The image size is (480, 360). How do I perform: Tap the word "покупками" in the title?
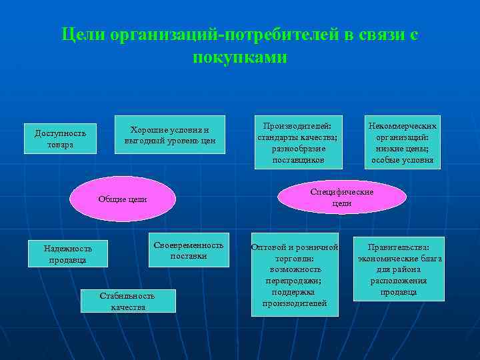point(240,57)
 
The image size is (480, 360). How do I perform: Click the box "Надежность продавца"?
point(68,254)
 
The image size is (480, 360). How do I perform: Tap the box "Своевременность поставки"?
point(189,250)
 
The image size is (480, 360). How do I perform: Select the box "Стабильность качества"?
point(128,301)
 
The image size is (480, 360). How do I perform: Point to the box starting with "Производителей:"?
point(297,142)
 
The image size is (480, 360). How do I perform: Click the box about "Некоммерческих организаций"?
point(402,142)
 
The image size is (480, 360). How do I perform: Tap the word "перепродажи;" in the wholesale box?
point(294,281)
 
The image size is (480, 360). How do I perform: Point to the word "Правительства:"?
point(399,247)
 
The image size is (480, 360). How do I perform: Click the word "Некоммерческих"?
point(403,126)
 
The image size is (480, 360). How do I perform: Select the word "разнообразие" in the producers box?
point(297,149)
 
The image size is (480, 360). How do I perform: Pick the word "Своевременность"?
point(189,245)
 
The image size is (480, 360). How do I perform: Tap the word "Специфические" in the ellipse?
point(341,192)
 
